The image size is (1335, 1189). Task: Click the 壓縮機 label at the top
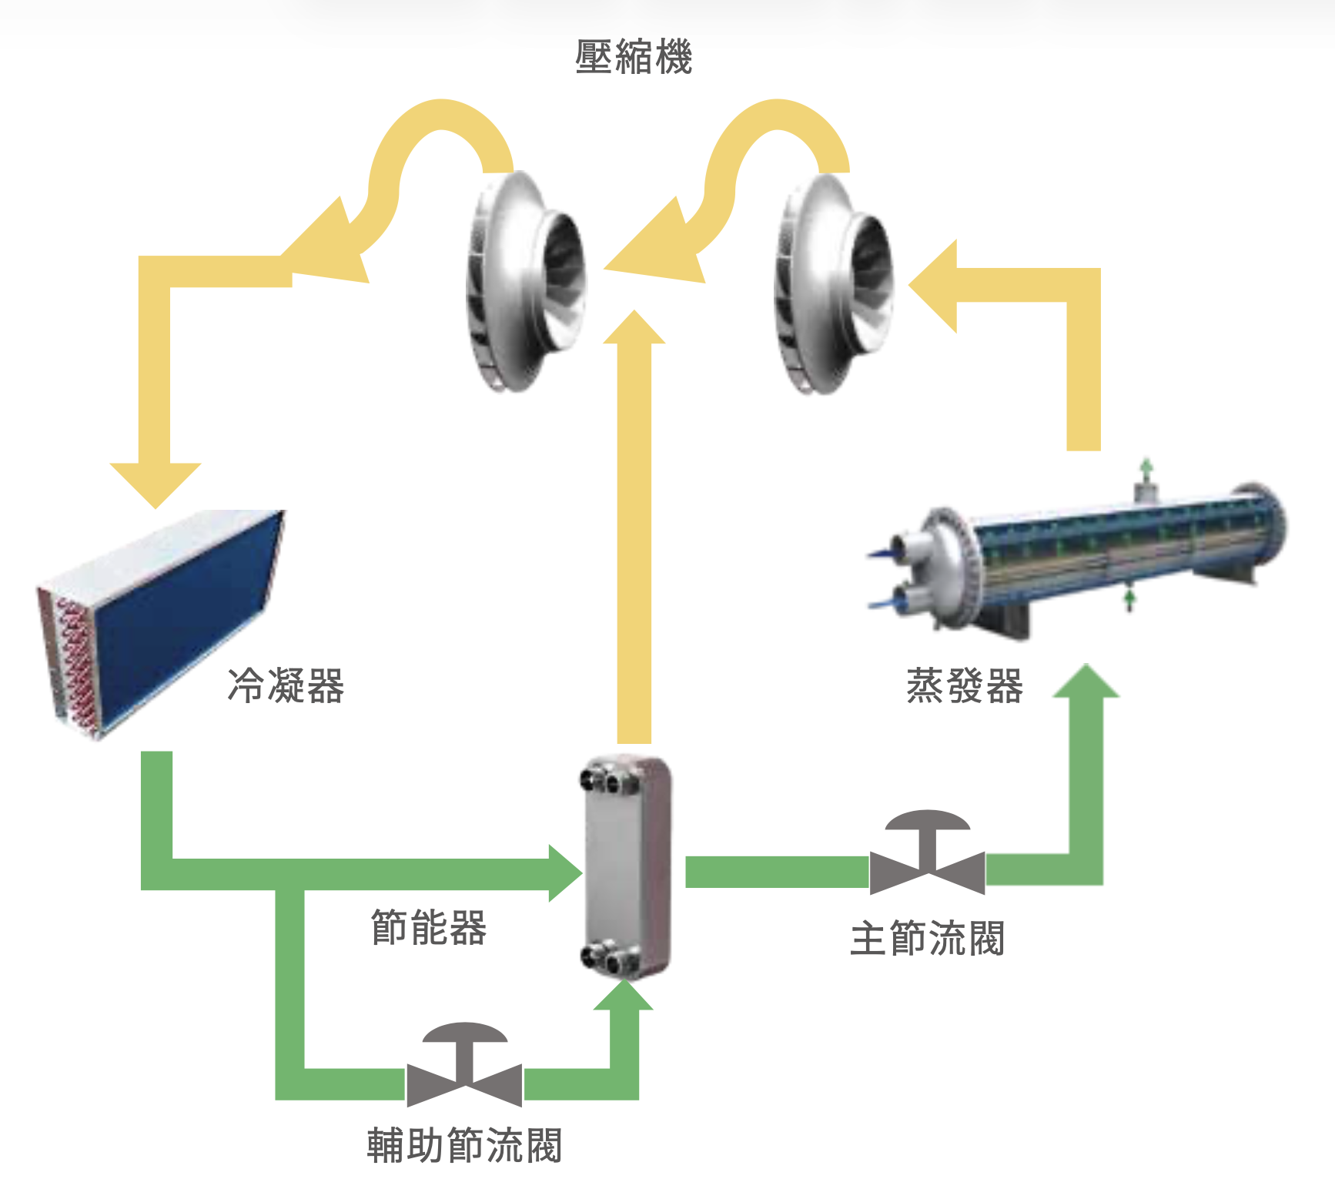point(634,57)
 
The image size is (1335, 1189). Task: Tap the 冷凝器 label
point(286,685)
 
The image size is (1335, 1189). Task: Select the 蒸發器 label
point(964,685)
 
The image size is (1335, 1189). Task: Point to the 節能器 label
point(428,927)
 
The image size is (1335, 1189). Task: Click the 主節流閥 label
point(927,939)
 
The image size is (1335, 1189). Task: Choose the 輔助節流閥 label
point(464,1145)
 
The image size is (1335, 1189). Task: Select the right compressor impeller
point(833,283)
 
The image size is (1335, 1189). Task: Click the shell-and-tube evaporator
point(1078,554)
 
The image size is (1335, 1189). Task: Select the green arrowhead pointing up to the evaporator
point(1086,682)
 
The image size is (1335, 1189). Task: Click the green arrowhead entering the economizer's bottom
point(624,995)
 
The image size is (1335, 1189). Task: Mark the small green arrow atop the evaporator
point(1146,467)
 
